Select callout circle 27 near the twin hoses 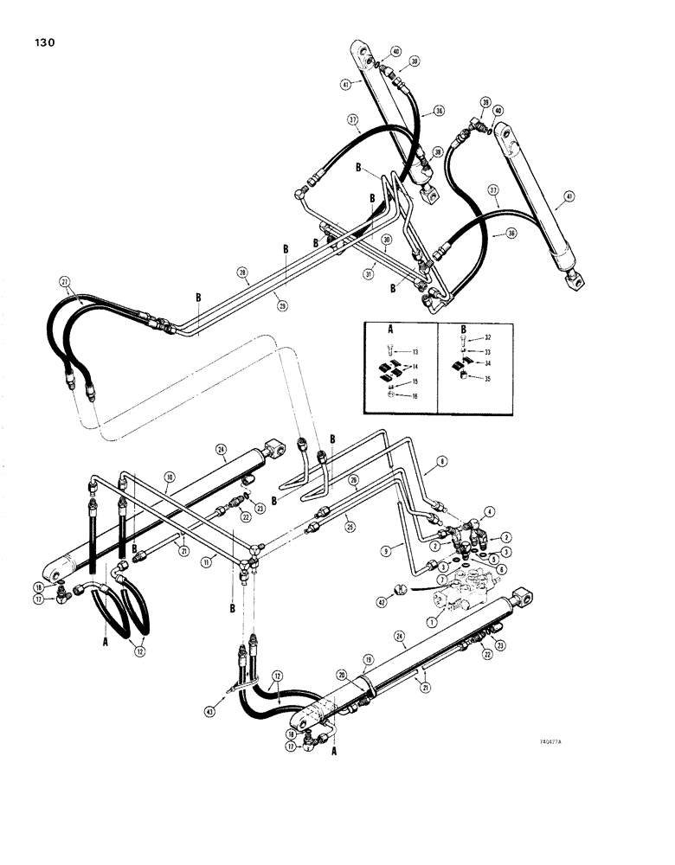pos(64,281)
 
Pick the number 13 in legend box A pos(415,353)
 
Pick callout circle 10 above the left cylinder pos(170,477)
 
